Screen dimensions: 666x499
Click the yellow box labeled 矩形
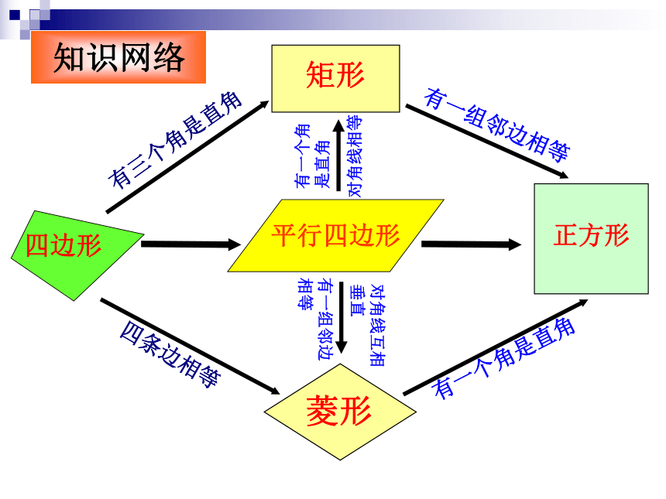tap(335, 78)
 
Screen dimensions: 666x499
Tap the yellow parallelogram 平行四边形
tap(335, 235)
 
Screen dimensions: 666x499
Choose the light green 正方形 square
tap(591, 238)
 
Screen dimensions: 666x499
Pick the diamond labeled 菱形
tap(340, 412)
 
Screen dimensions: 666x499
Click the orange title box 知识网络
tap(118, 57)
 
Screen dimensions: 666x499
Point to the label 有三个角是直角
tap(175, 140)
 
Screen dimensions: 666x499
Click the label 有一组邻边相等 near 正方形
tap(497, 125)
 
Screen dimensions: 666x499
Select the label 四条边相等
tap(170, 354)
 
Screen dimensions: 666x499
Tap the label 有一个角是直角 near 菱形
tap(503, 357)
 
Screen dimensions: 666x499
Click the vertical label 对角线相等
tap(355, 156)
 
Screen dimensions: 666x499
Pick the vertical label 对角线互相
tap(377, 325)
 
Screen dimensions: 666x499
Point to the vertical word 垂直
tap(357, 300)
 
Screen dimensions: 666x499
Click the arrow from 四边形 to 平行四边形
tap(191, 244)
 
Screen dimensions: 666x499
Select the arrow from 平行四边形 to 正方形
tap(471, 244)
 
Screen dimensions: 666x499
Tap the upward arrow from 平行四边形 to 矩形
tap(338, 156)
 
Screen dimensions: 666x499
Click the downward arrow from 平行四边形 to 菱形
tap(341, 318)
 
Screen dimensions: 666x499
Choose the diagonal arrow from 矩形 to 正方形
tap(487, 142)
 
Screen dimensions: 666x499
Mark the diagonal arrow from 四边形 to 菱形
tap(190, 347)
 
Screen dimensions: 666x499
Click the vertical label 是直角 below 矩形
tap(322, 164)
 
